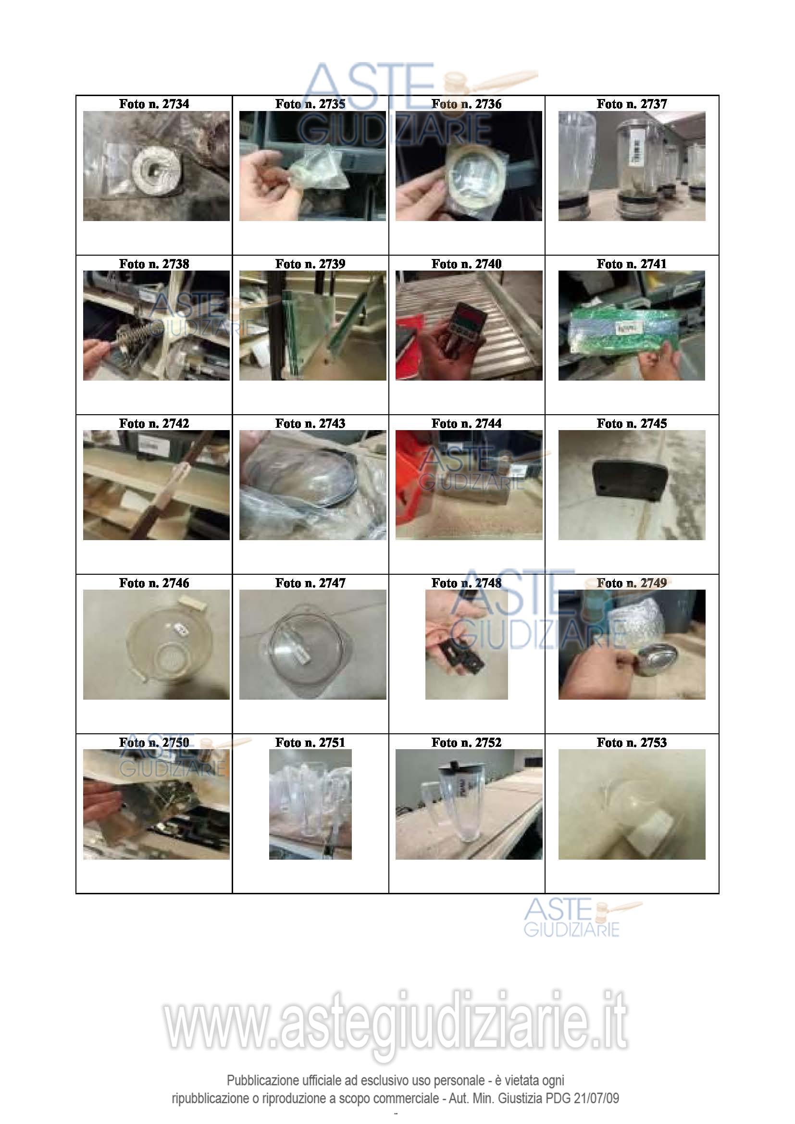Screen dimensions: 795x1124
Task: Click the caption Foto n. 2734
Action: coord(154,104)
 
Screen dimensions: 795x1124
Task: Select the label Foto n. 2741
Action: coord(632,264)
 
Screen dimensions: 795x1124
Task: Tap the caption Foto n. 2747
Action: coord(311,583)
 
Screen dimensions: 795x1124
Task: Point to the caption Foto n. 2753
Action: coord(632,742)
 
